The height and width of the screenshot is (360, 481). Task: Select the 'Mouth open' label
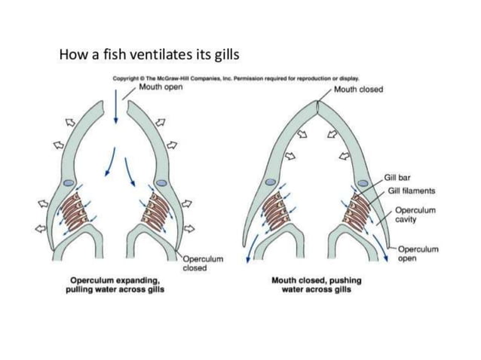click(161, 87)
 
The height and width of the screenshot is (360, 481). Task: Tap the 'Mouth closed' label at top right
click(358, 90)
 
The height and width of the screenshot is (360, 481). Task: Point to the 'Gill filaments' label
click(412, 191)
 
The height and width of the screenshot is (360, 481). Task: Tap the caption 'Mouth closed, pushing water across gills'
click(317, 284)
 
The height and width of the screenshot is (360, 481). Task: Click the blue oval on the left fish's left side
click(68, 184)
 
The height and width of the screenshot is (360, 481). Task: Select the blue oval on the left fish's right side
click(161, 184)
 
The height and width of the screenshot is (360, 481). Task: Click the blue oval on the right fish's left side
click(271, 181)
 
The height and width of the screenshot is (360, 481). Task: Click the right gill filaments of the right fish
click(355, 210)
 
